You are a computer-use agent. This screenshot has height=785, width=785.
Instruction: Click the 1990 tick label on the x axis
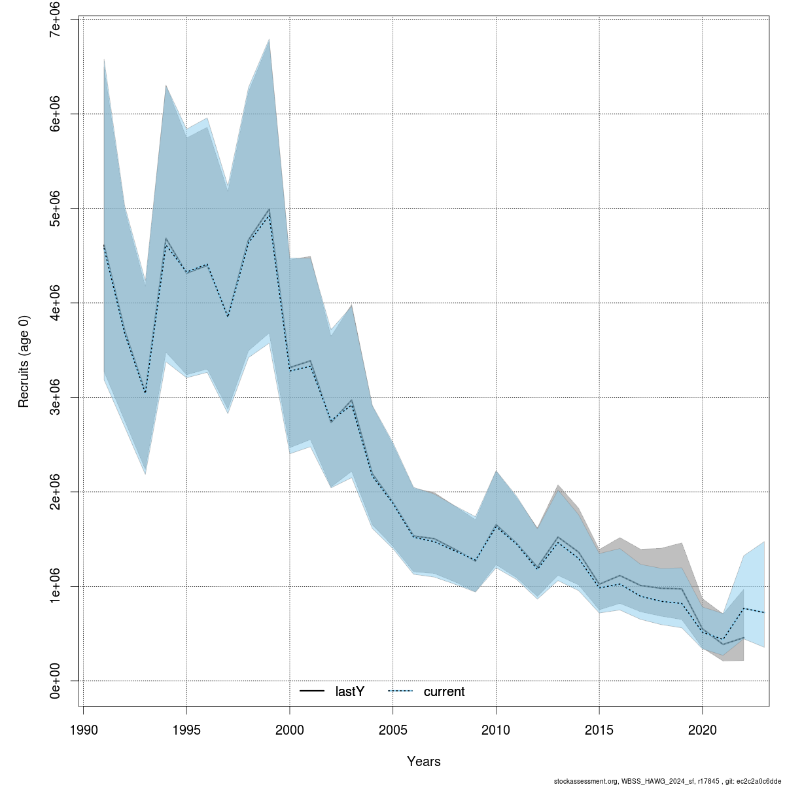click(84, 730)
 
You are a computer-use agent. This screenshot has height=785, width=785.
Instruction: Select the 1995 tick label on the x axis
click(187, 730)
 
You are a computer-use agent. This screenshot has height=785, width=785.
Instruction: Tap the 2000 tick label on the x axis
click(290, 730)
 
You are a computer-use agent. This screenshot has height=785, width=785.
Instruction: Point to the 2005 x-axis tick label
click(393, 730)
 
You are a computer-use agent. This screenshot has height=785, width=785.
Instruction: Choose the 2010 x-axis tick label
click(496, 730)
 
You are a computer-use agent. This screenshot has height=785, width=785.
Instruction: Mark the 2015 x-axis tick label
click(599, 730)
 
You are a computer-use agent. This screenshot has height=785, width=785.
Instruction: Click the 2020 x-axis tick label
click(702, 730)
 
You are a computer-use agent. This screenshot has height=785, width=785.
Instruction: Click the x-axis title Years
click(424, 761)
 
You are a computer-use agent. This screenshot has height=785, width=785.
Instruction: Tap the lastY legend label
click(349, 691)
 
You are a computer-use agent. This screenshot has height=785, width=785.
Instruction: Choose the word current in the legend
click(444, 691)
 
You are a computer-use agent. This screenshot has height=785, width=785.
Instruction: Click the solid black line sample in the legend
click(313, 691)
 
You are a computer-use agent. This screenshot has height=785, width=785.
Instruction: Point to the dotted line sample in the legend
click(401, 691)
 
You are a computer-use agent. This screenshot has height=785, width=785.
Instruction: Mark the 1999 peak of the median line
click(269, 211)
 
